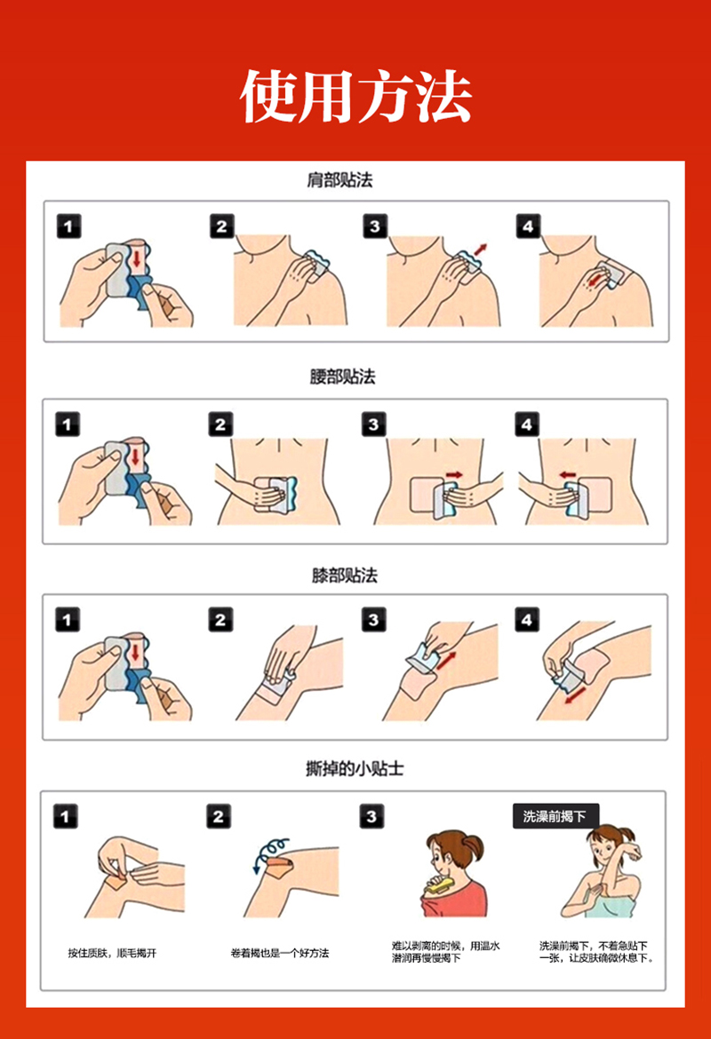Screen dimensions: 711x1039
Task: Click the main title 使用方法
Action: coord(355,97)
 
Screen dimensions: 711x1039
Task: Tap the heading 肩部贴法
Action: coord(340,180)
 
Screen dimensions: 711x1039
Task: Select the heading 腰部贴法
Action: coord(342,377)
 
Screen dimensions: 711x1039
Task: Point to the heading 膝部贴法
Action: coord(344,575)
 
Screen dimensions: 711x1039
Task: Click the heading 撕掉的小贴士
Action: coord(355,769)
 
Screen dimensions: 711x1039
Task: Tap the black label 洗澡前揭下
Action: coord(555,816)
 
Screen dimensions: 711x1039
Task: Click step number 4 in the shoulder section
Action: coord(528,226)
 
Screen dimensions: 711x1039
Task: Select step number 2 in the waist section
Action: coord(221,424)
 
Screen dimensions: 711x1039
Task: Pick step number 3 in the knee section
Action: coord(373,620)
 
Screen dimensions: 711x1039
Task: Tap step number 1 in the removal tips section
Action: coord(65,816)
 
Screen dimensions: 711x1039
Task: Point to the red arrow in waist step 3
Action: coord(454,474)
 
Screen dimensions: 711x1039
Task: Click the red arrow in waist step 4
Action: coord(568,474)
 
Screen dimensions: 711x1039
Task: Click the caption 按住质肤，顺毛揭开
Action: coord(112,953)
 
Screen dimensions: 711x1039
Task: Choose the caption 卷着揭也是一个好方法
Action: coord(280,953)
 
